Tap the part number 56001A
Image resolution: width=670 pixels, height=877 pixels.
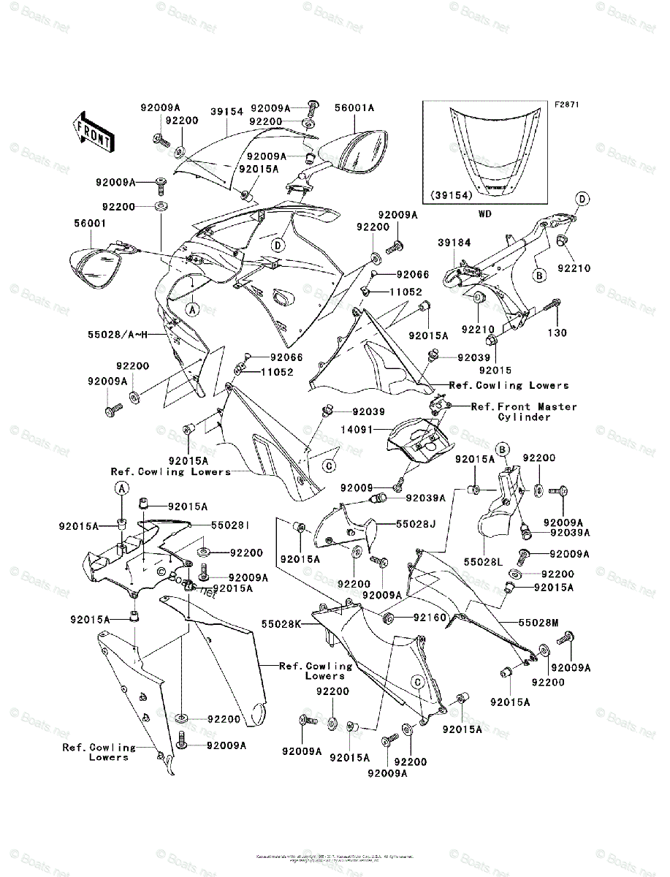tap(354, 107)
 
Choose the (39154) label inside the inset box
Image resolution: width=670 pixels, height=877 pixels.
tap(453, 195)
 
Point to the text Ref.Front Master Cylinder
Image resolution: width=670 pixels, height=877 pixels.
tap(524, 411)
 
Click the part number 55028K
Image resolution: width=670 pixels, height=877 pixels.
tap(281, 625)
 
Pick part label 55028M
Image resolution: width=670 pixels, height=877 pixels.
tap(538, 623)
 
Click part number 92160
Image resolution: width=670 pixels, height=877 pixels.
tap(430, 618)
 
